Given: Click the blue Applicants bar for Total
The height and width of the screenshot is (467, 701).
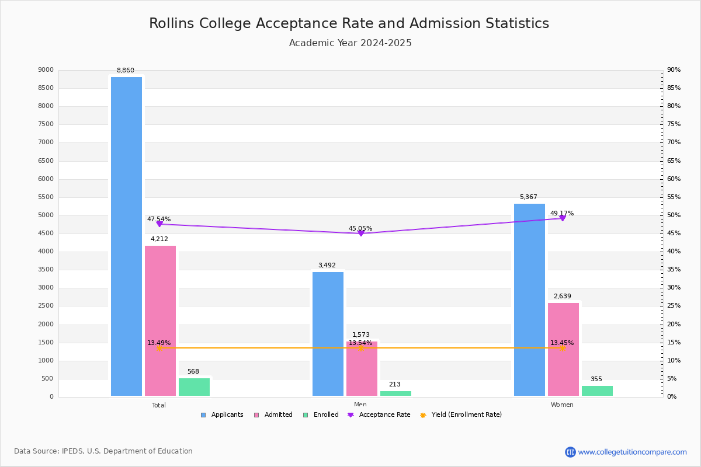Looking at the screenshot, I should click(x=126, y=236).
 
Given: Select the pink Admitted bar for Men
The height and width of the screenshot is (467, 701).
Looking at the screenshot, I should click(x=362, y=369).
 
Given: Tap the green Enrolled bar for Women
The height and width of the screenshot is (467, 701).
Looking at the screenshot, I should click(x=597, y=391).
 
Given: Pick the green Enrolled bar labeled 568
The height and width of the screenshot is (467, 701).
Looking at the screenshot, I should click(x=194, y=387).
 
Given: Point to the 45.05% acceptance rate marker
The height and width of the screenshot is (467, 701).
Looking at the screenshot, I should click(x=360, y=233).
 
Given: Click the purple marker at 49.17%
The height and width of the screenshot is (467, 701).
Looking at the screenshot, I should click(x=563, y=218).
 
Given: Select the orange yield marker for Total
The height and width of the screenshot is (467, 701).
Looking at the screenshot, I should click(x=159, y=348).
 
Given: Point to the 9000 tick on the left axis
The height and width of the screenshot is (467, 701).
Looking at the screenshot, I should click(x=46, y=70).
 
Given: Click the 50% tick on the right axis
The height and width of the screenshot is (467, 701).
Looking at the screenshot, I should click(x=674, y=215).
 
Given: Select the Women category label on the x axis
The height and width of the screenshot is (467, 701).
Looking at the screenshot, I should click(x=562, y=405).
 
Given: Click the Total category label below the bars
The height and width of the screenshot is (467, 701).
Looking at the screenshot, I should click(x=159, y=405).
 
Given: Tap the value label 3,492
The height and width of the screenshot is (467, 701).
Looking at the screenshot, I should click(x=327, y=266).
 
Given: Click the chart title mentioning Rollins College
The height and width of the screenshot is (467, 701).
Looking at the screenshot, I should click(x=349, y=23).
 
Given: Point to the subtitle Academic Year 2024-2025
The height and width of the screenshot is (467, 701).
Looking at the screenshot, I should click(x=350, y=43).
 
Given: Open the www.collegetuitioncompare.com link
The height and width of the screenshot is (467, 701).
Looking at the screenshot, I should click(x=632, y=452).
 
